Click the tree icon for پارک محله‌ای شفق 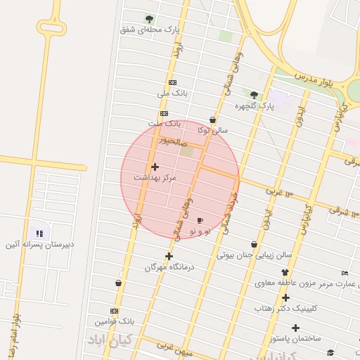(148, 18)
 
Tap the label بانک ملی (172, 93)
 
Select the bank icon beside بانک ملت (164, 113)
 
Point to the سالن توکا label (212, 130)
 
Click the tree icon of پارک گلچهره (254, 95)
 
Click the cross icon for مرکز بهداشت (155, 167)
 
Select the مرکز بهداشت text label (160, 179)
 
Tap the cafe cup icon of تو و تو (200, 220)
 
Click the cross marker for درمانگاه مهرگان (169, 256)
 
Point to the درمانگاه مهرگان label (169, 267)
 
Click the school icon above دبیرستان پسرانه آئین (39, 233)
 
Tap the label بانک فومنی (114, 321)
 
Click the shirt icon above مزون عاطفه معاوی (285, 272)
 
